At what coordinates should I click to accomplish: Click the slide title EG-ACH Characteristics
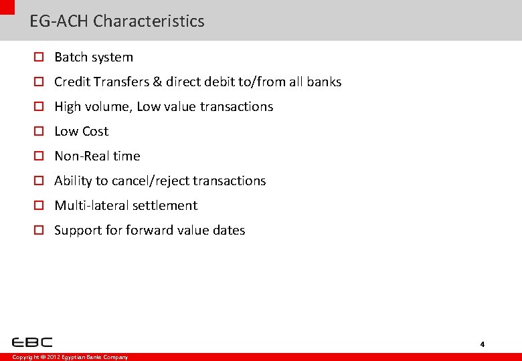[x=117, y=21]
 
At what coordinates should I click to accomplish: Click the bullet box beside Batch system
[x=39, y=57]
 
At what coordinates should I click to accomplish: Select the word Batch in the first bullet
[x=70, y=57]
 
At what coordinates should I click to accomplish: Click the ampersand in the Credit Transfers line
[x=157, y=82]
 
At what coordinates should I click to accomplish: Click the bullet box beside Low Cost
[x=39, y=132]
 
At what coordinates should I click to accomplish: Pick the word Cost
[x=94, y=132]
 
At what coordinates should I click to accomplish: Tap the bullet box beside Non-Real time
[x=39, y=156]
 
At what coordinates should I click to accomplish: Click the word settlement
[x=165, y=206]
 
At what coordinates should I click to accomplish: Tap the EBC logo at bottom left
[x=31, y=342]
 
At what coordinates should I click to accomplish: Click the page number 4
[x=482, y=344]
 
